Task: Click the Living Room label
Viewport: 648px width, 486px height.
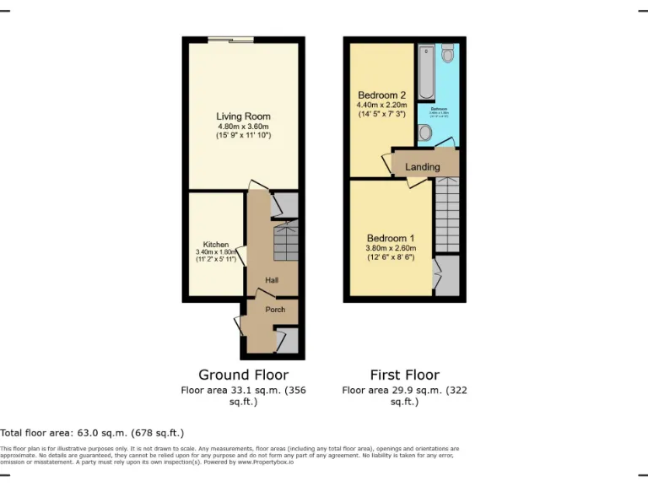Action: coord(243,116)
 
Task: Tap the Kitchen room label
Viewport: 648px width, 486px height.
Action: coord(216,245)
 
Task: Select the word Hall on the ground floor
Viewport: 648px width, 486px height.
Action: coord(272,280)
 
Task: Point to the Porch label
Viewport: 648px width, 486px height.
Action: coord(275,310)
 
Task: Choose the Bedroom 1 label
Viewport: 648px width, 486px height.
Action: coord(382,237)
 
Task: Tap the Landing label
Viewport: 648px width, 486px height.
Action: coord(423,167)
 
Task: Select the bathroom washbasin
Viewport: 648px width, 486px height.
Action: coord(424,132)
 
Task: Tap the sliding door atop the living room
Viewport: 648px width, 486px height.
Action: coord(232,39)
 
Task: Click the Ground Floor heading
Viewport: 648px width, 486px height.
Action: coord(243,375)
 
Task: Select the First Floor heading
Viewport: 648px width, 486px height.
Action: coord(405,375)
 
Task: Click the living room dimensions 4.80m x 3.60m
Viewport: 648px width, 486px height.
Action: coord(243,127)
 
